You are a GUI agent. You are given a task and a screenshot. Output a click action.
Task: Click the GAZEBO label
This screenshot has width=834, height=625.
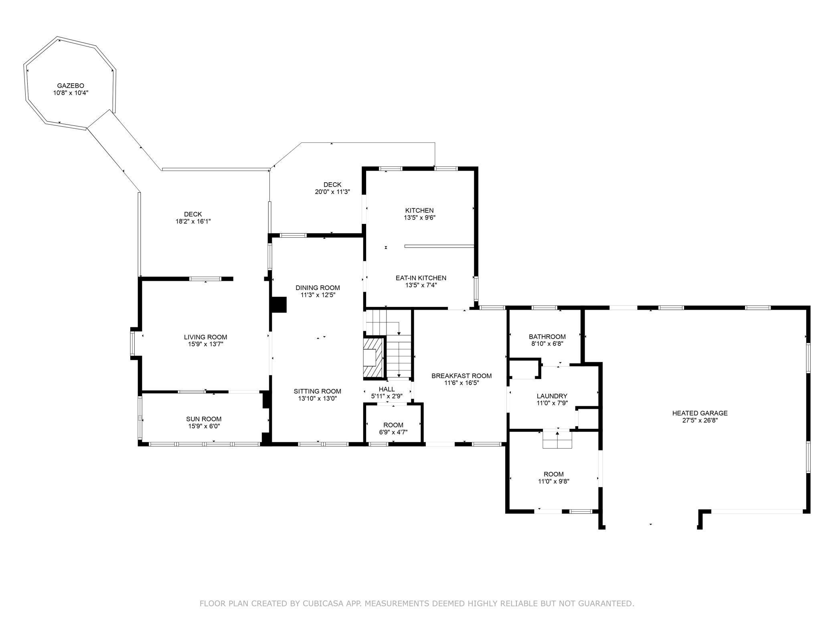point(71,85)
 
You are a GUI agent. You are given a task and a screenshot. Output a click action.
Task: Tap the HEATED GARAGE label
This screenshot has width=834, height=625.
point(700,413)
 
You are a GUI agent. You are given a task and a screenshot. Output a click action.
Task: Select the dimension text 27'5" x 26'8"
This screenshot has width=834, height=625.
point(700,420)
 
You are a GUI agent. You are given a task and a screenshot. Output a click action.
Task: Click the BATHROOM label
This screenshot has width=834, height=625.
point(547,337)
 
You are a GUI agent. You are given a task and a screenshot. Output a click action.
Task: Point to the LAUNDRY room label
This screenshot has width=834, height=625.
point(552,396)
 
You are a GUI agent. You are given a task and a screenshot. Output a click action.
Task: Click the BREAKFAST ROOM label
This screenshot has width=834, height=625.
point(462,376)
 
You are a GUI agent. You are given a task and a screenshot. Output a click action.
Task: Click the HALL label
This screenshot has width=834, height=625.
point(387,389)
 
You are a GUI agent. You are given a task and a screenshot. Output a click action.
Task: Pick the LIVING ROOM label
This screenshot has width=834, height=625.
point(205,337)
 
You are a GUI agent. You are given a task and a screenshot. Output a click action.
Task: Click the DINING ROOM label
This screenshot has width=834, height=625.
point(318,288)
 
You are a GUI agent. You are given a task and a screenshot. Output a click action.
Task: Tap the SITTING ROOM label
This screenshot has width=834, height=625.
point(317,391)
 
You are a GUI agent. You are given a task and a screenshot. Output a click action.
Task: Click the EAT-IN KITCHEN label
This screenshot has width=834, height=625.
point(421,278)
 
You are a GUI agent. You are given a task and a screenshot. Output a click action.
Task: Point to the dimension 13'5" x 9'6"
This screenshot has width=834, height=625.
point(419,218)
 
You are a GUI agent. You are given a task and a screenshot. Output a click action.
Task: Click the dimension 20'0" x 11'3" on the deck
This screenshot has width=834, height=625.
point(332,192)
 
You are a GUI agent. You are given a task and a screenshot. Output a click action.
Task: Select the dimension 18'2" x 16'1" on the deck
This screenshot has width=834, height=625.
point(193,222)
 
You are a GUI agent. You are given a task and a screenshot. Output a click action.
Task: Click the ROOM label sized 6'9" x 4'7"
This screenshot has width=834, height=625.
point(393,425)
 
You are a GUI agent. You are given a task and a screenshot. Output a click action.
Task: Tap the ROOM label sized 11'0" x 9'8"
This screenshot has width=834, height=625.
point(553,474)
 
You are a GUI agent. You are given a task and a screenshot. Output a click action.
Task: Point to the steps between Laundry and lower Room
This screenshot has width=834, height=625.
point(557,439)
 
